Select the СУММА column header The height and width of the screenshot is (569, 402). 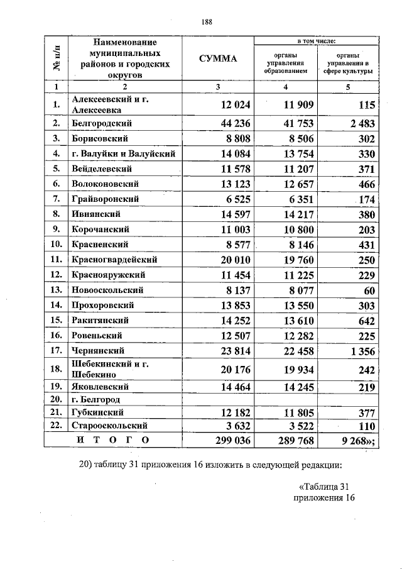click(x=217, y=59)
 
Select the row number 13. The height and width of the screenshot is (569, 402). click(x=56, y=290)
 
